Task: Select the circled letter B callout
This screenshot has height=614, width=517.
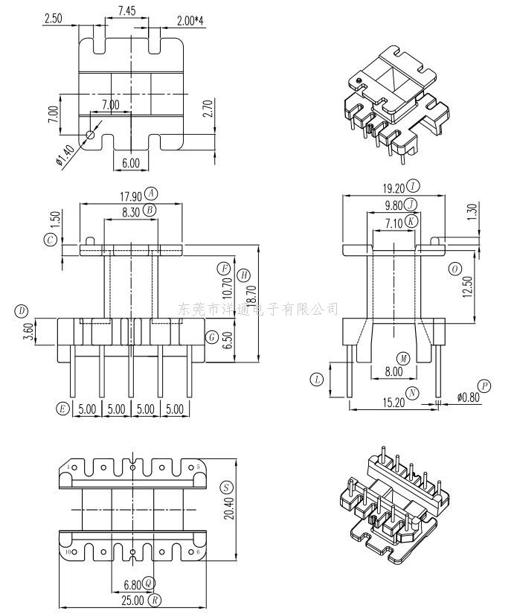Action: tap(151, 210)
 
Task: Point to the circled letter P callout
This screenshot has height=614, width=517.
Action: tap(485, 386)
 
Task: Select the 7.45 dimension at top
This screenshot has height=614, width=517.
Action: tap(126, 10)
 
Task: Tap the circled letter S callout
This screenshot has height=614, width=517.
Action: tap(227, 487)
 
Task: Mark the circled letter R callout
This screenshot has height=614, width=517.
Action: tap(155, 600)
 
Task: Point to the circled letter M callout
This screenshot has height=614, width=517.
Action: tap(402, 358)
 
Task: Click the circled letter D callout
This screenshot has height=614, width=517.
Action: tap(21, 311)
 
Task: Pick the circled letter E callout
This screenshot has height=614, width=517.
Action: tap(63, 409)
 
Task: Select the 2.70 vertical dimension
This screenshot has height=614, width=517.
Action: tap(208, 109)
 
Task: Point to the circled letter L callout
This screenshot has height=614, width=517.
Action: tap(317, 380)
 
